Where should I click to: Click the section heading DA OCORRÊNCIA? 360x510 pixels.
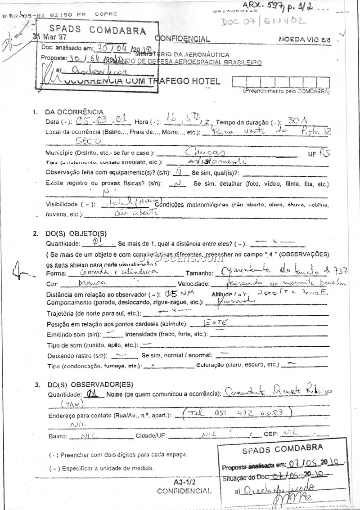[74, 112]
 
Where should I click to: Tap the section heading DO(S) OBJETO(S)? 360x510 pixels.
[76, 233]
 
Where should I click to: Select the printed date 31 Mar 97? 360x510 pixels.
[49, 38]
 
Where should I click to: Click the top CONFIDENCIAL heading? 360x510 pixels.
[182, 39]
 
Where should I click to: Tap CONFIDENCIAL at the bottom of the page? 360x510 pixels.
[184, 491]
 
